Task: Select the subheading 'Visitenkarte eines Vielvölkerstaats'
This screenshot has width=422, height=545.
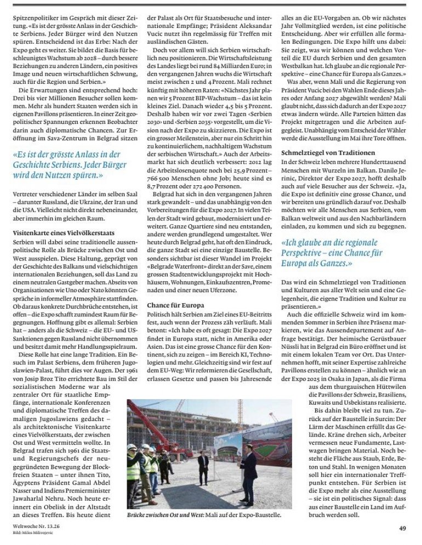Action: [x=63, y=232]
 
